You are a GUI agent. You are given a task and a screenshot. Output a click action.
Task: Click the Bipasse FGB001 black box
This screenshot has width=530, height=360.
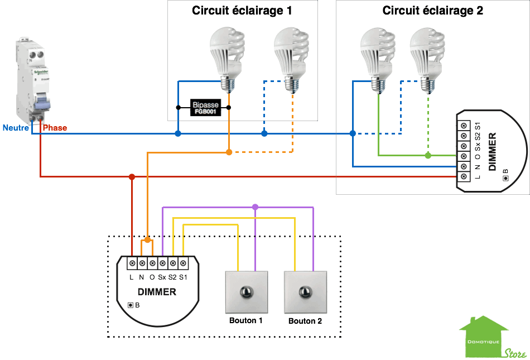tap(205, 108)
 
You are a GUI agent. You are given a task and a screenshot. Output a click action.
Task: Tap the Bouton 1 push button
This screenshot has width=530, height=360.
tap(245, 292)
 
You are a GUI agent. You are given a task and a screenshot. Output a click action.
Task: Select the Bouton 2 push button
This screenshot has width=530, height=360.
tap(305, 292)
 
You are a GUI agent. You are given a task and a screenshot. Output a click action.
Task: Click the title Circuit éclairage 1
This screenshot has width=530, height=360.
tap(242, 11)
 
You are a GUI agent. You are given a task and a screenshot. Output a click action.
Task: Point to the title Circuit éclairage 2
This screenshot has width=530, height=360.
tap(432, 11)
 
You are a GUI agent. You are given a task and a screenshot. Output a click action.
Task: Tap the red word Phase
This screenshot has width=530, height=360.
tap(55, 128)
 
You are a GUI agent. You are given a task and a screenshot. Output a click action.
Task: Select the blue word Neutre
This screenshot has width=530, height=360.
tap(16, 128)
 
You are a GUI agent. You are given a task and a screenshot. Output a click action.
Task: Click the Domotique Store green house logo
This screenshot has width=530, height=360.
tap(484, 338)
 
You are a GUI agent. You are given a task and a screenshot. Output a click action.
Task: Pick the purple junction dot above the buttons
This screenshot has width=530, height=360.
tap(255, 207)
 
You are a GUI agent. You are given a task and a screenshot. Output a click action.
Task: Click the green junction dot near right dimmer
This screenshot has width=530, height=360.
tap(428, 155)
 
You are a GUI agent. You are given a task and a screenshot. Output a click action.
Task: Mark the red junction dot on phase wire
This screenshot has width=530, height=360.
tap(132, 177)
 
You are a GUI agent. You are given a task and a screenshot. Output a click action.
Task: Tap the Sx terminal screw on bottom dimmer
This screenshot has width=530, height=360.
tap(162, 263)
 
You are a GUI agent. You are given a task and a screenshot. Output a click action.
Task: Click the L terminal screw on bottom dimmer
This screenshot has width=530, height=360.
tap(132, 263)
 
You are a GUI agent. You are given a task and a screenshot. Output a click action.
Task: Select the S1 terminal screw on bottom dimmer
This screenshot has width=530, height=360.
tap(182, 263)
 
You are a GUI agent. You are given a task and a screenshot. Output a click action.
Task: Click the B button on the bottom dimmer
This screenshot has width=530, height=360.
tap(131, 305)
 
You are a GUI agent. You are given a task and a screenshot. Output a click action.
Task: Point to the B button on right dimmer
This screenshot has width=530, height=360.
tap(505, 178)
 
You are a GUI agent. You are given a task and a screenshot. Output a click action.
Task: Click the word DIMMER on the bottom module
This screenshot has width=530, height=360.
tap(157, 292)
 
